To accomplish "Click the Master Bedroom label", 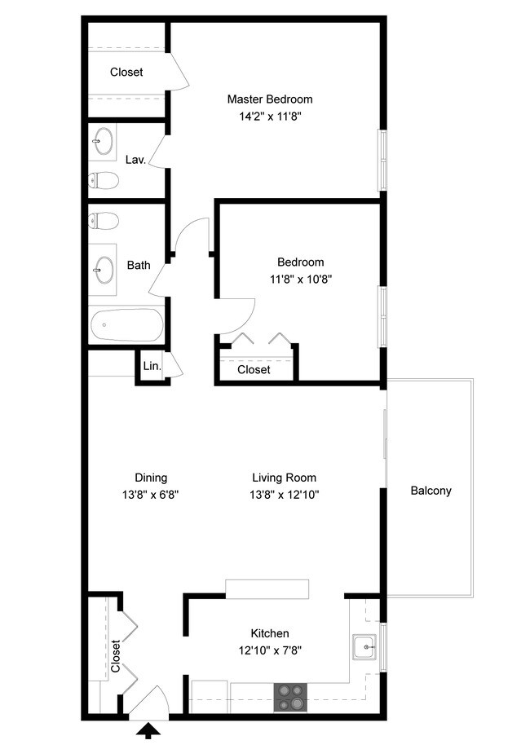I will click(269, 99).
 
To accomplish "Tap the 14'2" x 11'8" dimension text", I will click(269, 116).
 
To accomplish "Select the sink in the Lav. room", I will click(103, 142).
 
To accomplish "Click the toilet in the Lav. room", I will click(103, 179).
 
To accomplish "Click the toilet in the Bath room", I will click(103, 220).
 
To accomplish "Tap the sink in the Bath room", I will click(104, 268).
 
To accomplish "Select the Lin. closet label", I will click(152, 367).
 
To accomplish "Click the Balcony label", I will click(431, 491).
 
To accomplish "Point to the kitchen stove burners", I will click(289, 698).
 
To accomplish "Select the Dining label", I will click(151, 478).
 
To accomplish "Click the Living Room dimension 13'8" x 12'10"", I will click(284, 494).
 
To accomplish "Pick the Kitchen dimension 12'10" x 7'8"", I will click(269, 650).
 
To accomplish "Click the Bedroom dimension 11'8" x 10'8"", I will click(300, 279).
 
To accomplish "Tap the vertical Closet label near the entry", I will click(115, 657).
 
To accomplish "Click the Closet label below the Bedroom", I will click(254, 370).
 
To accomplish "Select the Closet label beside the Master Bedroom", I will click(126, 72).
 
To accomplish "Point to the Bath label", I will click(139, 265).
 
